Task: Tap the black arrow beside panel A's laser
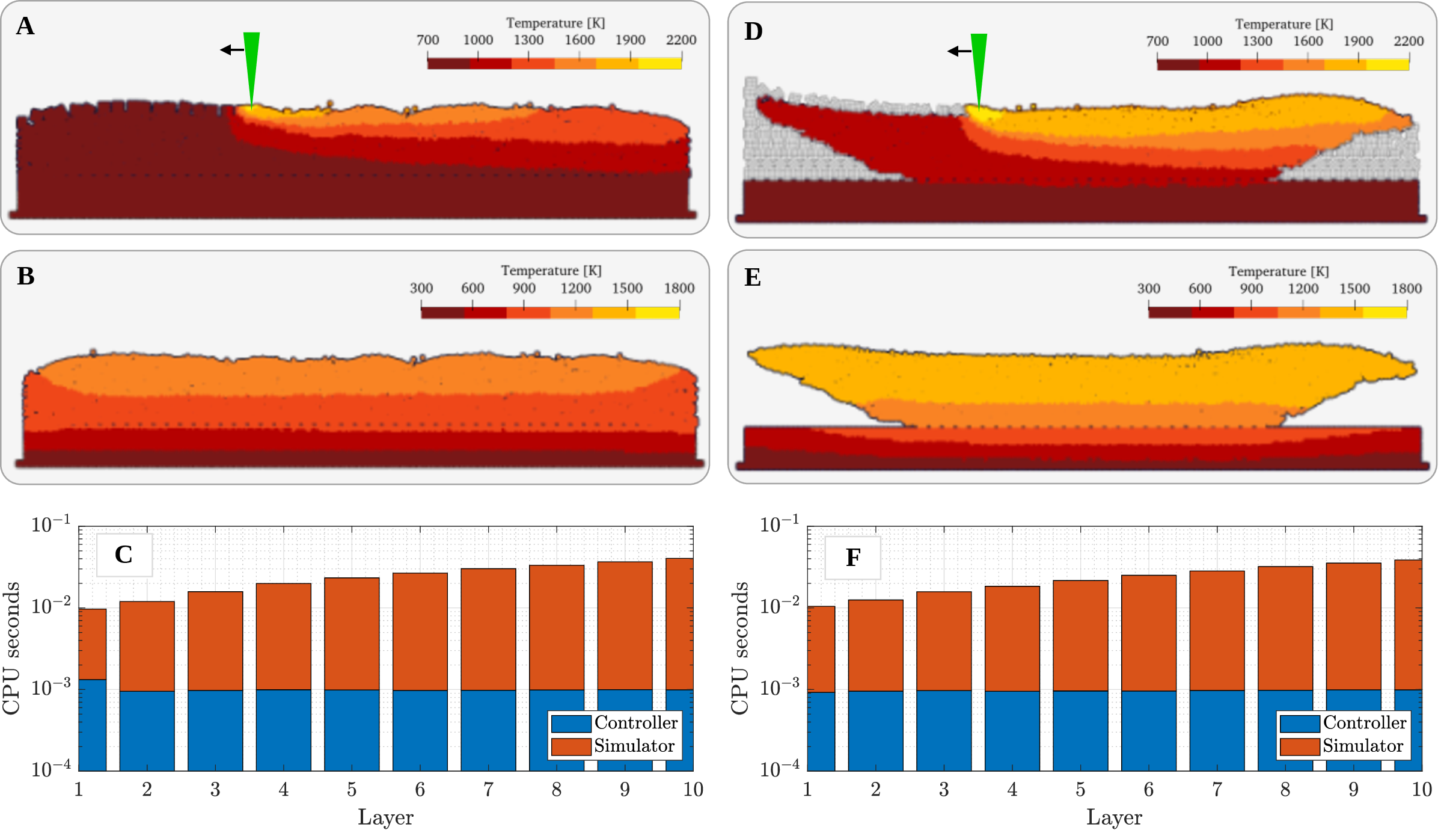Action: point(231,50)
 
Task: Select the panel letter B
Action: point(26,276)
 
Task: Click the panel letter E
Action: point(753,277)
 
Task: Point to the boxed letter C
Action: point(124,555)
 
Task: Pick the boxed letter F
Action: point(852,558)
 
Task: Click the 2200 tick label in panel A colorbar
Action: point(681,40)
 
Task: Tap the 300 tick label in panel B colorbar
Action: point(421,288)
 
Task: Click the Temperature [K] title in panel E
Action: point(1278,271)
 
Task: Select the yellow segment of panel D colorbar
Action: point(1387,64)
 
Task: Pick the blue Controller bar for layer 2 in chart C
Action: point(147,731)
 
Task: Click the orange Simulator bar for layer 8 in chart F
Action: point(1285,628)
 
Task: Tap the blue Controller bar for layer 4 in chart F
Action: point(1012,731)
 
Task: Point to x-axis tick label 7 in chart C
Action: point(488,789)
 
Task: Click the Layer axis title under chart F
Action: point(1114,817)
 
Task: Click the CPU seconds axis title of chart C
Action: point(12,648)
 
